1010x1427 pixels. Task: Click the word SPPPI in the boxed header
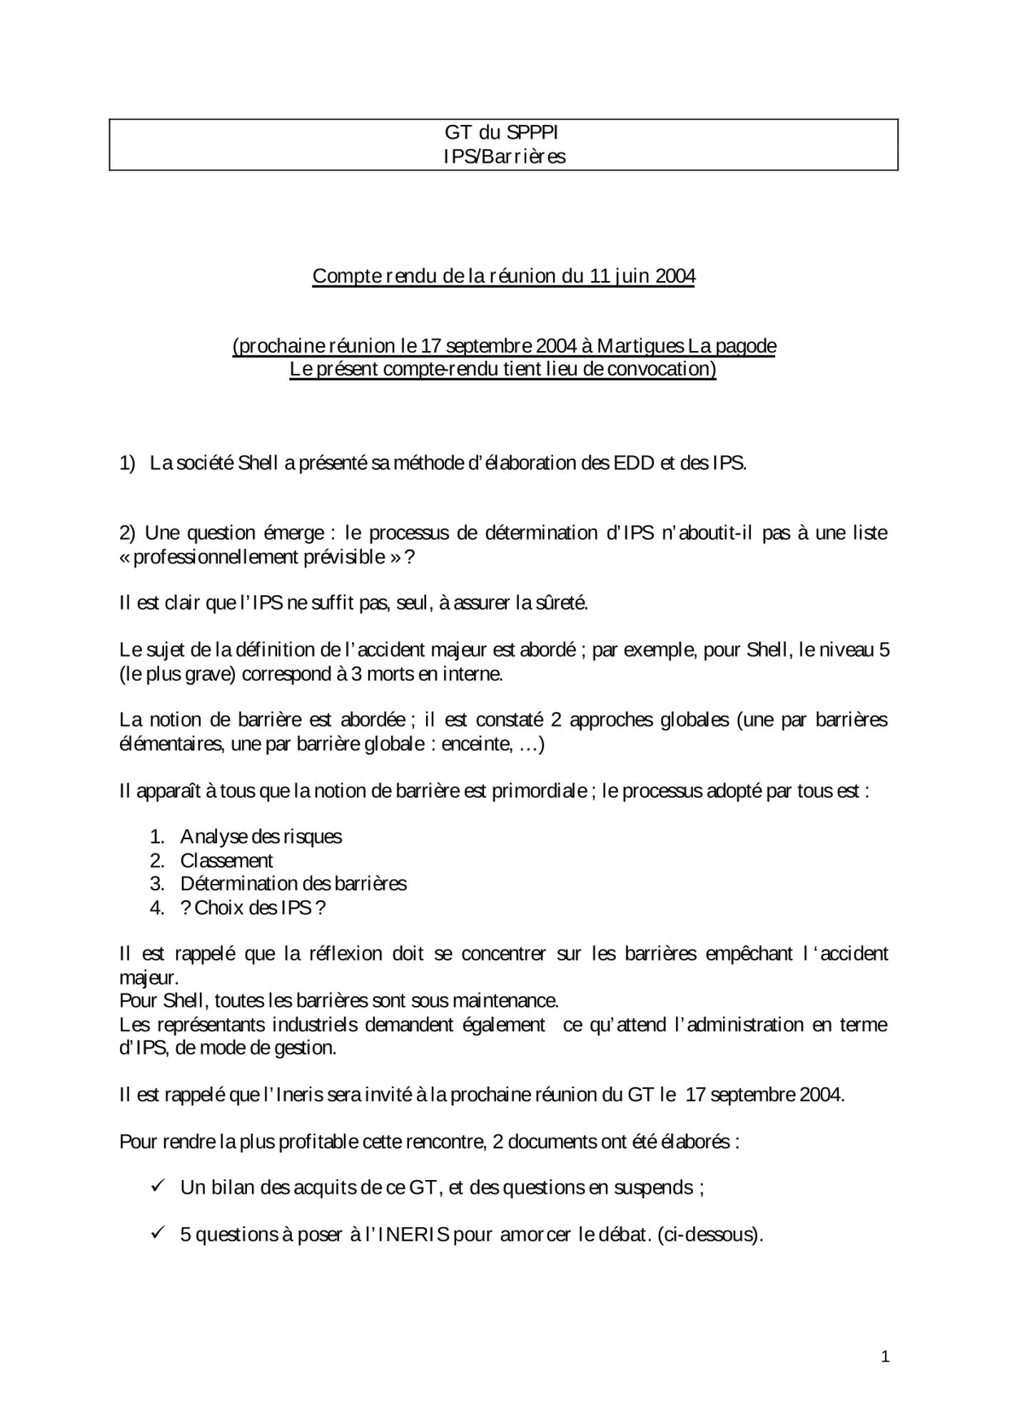532,133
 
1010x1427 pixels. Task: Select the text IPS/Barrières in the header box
504,157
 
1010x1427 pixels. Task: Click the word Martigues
640,346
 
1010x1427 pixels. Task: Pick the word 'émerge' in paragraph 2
294,533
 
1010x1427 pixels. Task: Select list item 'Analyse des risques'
261,836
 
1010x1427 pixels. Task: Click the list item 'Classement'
226,860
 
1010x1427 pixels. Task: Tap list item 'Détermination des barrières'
293,883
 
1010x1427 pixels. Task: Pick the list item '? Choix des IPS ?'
253,908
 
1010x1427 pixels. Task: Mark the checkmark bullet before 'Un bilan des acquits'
158,1186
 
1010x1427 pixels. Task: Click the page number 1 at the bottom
885,1356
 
